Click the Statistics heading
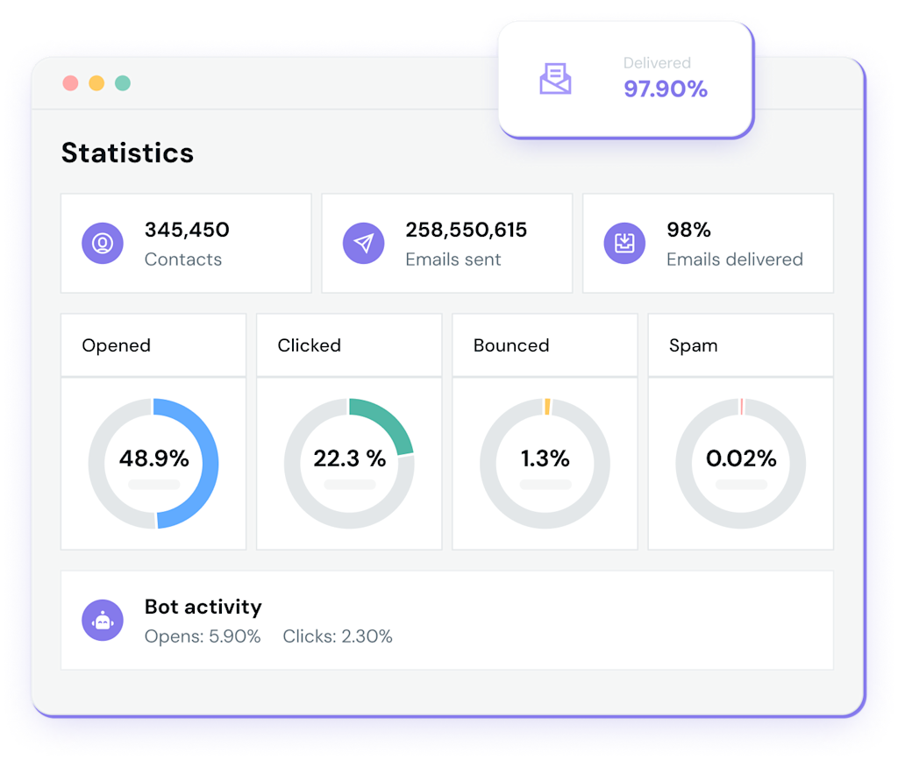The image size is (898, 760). [x=127, y=153]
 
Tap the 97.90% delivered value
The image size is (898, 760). [x=665, y=89]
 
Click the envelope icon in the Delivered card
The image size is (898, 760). [x=555, y=79]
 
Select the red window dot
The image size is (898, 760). [x=70, y=83]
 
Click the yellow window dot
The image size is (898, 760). [x=96, y=83]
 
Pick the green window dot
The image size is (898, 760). [x=123, y=83]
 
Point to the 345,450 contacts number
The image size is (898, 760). [x=187, y=231]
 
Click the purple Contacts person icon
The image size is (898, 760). [x=103, y=243]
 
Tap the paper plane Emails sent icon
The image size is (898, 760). [x=363, y=243]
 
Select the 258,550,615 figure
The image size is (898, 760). [x=466, y=231]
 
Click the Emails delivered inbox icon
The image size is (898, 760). [x=624, y=243]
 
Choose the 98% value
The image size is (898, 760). [x=688, y=231]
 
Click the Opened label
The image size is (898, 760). [x=116, y=345]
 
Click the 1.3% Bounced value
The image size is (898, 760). [x=545, y=458]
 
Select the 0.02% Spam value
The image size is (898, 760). [x=741, y=458]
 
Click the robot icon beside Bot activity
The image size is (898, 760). [x=103, y=621]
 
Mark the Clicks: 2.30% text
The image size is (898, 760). [x=338, y=636]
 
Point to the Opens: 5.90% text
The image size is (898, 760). [x=203, y=636]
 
